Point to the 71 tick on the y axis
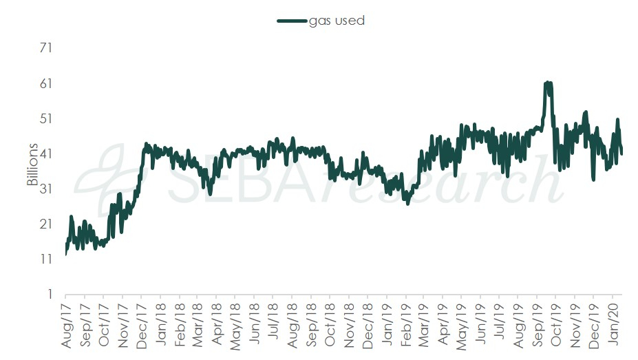(47, 48)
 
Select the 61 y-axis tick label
(47, 83)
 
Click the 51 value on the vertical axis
(47, 118)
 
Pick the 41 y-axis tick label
(47, 153)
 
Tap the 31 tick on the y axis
(47, 189)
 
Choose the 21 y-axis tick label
(47, 224)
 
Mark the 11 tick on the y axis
(47, 259)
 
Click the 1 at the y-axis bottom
(50, 294)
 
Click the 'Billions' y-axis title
(32, 171)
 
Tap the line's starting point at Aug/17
(65, 254)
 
